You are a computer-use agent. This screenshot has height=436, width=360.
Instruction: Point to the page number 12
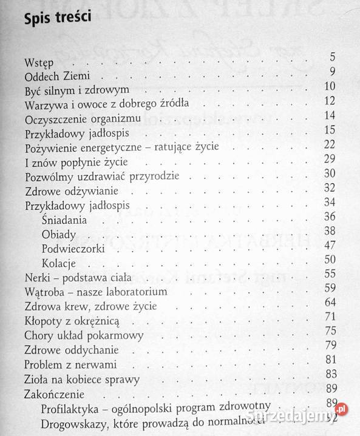[330, 101]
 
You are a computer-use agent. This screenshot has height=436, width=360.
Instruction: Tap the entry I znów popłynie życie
[76, 163]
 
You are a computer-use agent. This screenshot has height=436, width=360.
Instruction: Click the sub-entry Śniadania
[64, 219]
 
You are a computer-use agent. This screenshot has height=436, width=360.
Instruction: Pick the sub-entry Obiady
[58, 233]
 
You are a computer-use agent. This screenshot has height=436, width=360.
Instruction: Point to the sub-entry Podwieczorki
[73, 249]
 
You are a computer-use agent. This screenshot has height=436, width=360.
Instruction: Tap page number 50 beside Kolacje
[330, 259]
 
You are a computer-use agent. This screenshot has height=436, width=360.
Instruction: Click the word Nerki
[38, 278]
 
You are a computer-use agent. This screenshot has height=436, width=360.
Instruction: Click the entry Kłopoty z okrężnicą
[68, 322]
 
